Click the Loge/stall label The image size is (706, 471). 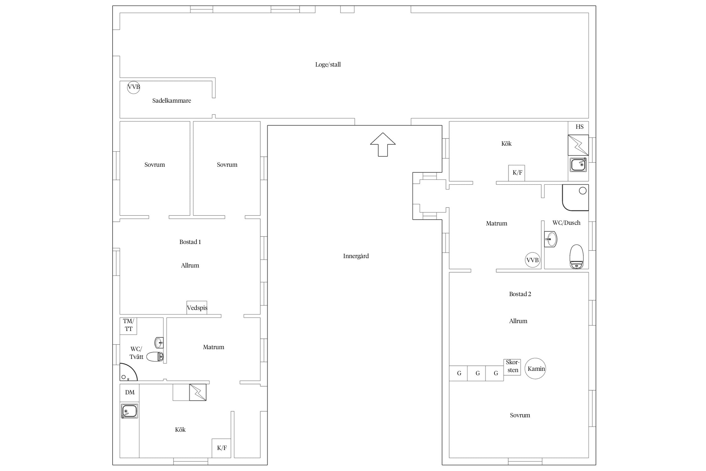point(328,65)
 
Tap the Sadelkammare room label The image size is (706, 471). point(172,101)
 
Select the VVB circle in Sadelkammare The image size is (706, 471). point(133,87)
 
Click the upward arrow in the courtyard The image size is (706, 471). point(383,144)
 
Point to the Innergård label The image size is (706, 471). point(356,256)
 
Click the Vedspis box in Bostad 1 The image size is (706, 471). point(197,308)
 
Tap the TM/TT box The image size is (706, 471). point(128,326)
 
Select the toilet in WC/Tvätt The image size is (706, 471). point(155,357)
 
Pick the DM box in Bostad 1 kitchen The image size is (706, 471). point(130,392)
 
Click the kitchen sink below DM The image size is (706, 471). point(130,411)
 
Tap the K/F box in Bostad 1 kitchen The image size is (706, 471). point(222,448)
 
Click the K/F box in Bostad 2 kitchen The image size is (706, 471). point(517,173)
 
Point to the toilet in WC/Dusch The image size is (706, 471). point(576,257)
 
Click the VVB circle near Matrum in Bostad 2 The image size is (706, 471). point(532,260)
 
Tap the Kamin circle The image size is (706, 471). point(535,369)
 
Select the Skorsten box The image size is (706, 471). point(512,367)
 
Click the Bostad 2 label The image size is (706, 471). point(520,294)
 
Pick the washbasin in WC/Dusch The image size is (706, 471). point(551,239)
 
